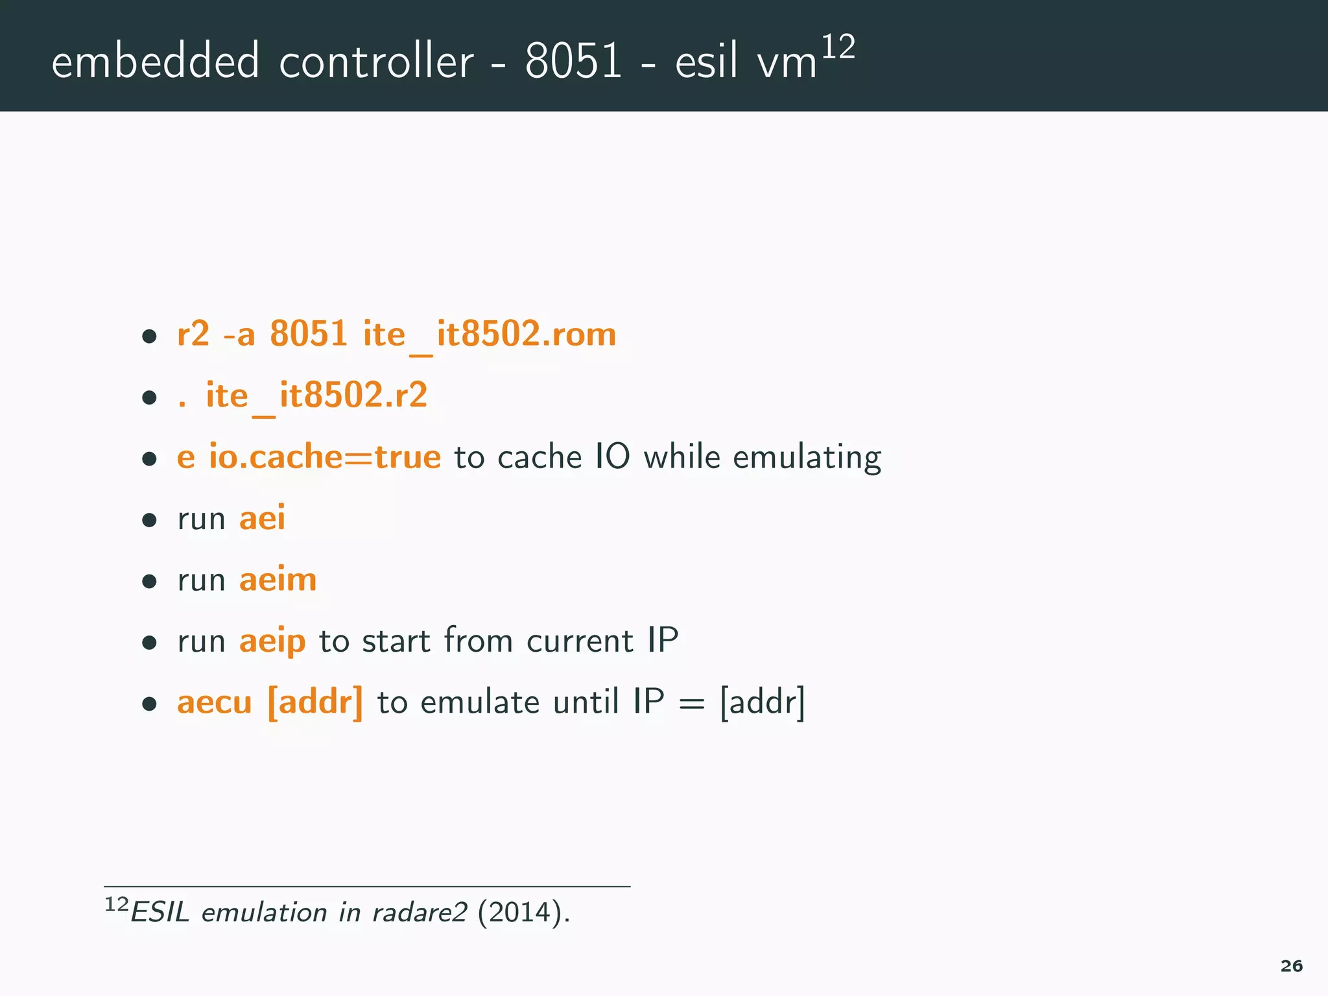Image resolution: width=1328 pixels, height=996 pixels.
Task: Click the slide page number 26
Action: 1291,966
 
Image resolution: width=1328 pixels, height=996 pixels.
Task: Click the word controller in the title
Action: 376,62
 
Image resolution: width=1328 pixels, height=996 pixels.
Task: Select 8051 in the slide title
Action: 573,62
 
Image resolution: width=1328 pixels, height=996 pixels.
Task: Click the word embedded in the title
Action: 156,62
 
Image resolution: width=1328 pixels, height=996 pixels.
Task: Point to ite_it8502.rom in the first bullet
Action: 489,335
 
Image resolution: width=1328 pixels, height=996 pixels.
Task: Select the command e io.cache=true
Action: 309,457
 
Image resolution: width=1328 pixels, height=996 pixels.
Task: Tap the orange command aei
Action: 262,518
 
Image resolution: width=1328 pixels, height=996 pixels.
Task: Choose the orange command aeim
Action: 278,579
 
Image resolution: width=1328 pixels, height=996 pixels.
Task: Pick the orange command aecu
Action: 214,703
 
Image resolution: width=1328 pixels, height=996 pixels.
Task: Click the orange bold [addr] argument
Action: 315,702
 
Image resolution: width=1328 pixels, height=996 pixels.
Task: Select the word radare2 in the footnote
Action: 420,912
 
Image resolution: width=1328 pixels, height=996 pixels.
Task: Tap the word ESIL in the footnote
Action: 160,912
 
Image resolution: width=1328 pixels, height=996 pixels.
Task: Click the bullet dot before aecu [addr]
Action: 150,704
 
